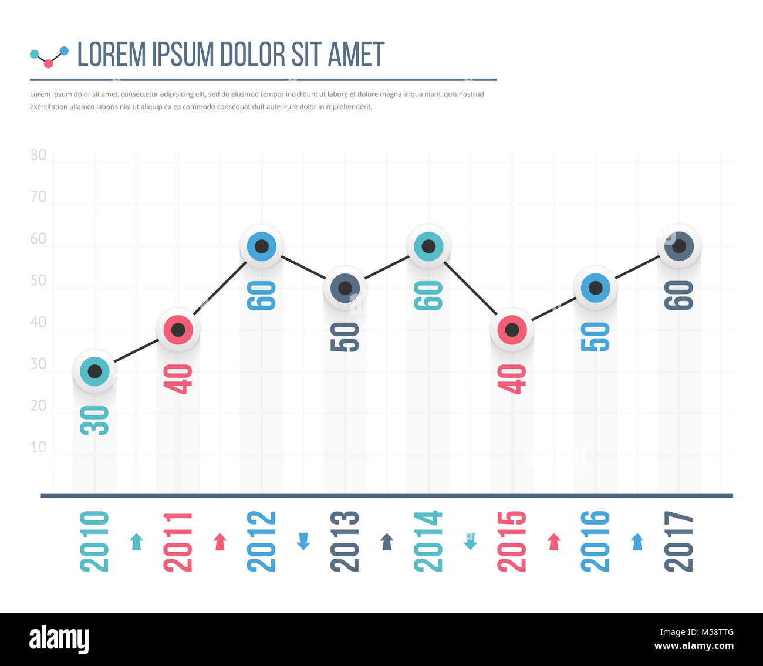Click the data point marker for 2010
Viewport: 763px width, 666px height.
click(94, 371)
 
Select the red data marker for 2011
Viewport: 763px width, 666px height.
click(178, 330)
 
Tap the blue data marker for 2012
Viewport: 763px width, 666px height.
click(262, 246)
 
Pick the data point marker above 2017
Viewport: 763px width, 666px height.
click(679, 246)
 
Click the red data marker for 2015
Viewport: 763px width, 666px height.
click(512, 330)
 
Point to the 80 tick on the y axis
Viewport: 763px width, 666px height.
click(38, 155)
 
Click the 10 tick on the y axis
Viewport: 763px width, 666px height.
click(38, 447)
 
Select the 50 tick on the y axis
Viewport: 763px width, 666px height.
click(38, 280)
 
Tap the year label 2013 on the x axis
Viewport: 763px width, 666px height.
click(345, 541)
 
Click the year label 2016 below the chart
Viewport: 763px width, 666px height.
click(595, 541)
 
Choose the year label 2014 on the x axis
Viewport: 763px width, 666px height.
click(428, 541)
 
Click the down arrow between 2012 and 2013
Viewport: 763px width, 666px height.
click(303, 541)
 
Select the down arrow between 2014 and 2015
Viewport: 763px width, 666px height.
click(470, 541)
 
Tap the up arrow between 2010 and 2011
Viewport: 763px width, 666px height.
click(137, 541)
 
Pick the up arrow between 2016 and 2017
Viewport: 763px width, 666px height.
click(637, 541)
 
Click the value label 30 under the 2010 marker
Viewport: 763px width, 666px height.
click(94, 420)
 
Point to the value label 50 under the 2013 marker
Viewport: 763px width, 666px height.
click(345, 337)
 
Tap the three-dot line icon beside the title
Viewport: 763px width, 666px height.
click(49, 57)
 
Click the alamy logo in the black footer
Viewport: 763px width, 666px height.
click(59, 639)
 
